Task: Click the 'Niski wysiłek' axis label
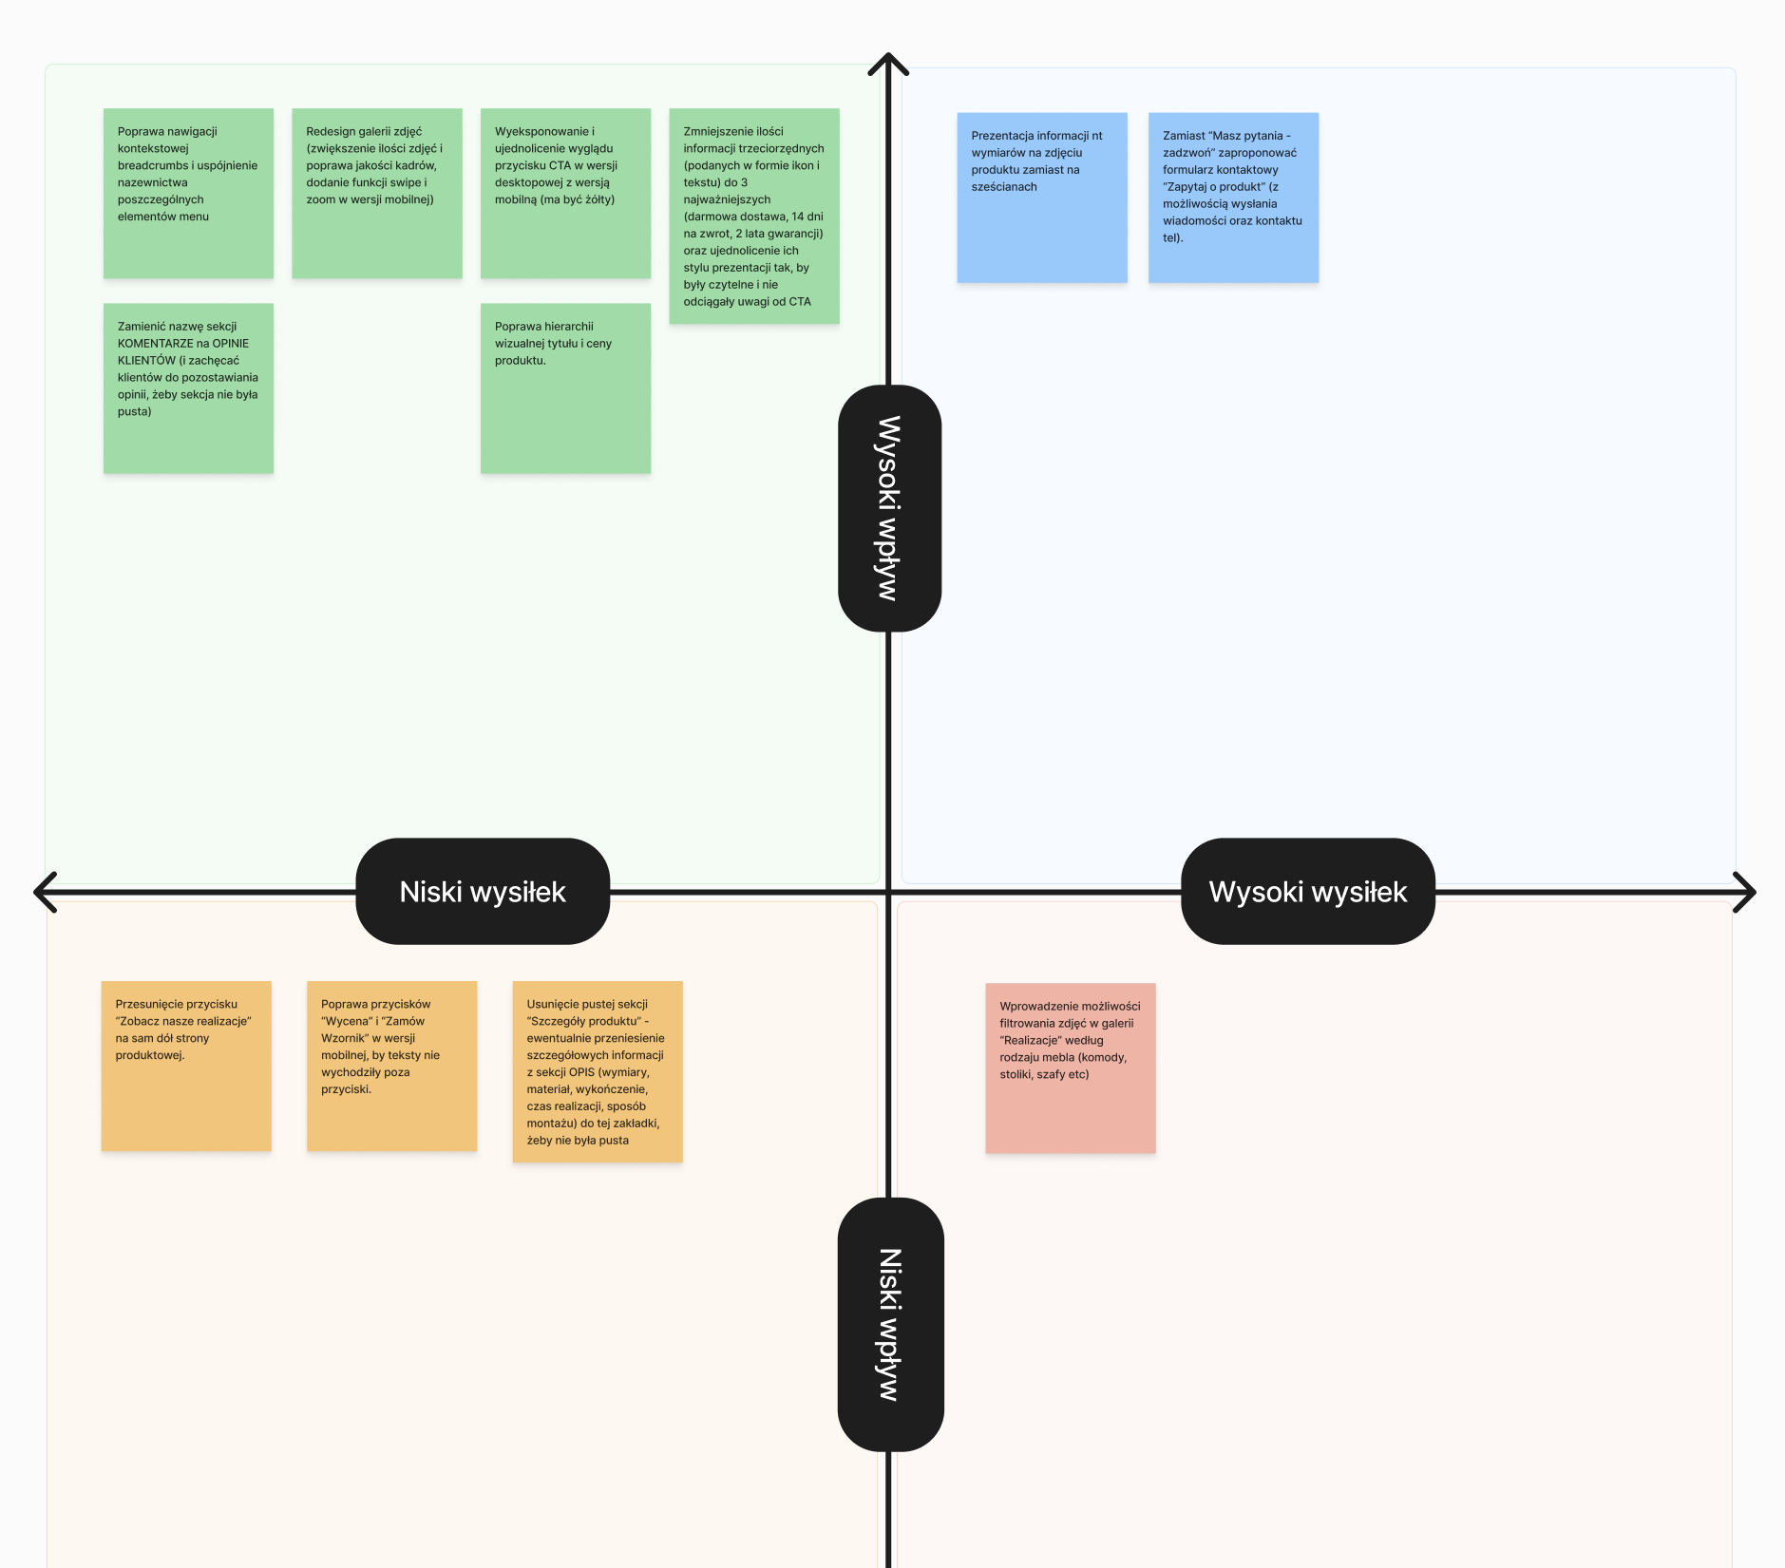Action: (483, 891)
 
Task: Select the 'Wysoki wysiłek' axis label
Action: (1308, 891)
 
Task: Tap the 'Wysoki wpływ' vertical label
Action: (889, 508)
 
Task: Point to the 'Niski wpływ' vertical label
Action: (890, 1324)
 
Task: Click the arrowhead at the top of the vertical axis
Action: (888, 55)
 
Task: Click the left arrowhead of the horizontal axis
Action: (35, 892)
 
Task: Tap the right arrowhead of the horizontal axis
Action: (1754, 892)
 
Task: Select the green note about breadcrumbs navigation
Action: (188, 193)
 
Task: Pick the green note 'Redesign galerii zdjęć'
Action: (377, 193)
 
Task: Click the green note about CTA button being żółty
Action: (565, 193)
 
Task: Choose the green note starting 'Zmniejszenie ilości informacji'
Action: (754, 216)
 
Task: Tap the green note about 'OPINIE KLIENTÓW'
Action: (188, 388)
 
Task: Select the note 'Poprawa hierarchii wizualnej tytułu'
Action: (565, 388)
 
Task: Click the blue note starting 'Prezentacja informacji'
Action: (1042, 198)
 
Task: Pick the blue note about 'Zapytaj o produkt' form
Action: (1233, 198)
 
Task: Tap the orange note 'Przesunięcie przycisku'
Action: (186, 1066)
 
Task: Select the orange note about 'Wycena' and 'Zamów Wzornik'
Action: (391, 1066)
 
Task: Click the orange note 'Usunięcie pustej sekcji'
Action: (598, 1071)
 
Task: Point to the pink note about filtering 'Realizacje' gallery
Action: (1071, 1068)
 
